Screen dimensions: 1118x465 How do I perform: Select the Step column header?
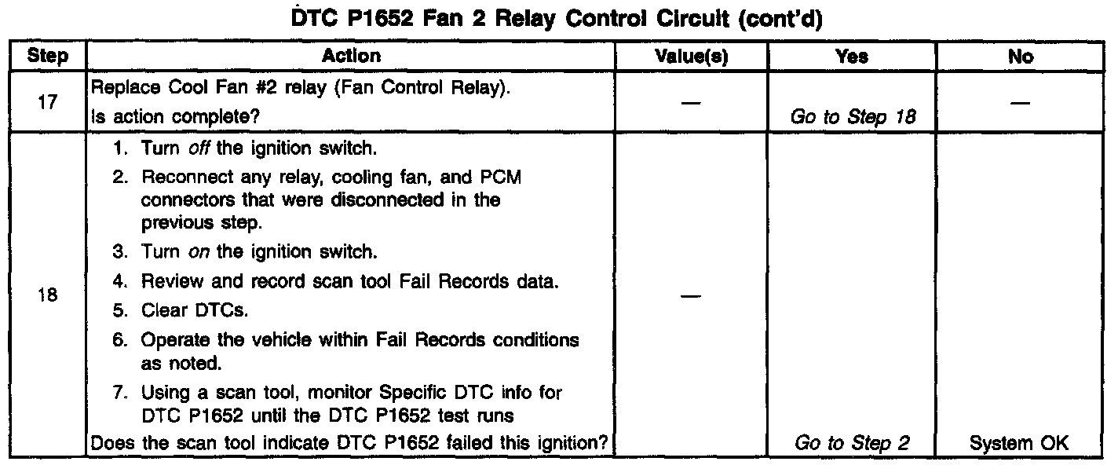(x=47, y=56)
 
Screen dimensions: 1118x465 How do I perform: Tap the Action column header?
(x=351, y=56)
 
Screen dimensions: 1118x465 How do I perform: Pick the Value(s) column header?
(x=691, y=56)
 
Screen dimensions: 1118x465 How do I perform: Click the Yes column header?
(x=852, y=56)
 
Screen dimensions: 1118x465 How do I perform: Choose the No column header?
(x=1023, y=56)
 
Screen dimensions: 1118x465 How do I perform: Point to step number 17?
(x=47, y=102)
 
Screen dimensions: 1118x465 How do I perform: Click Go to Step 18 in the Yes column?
(x=853, y=117)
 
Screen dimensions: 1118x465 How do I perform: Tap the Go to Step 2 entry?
(x=853, y=443)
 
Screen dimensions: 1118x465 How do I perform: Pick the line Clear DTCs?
(x=194, y=310)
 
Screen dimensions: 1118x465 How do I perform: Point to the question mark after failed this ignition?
(x=605, y=443)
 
